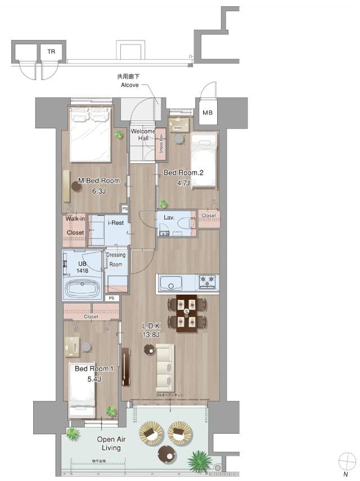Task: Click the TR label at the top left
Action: click(x=51, y=51)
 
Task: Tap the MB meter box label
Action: click(x=208, y=113)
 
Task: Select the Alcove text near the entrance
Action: click(x=130, y=85)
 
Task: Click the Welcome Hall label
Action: click(x=143, y=135)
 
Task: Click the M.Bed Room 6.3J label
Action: click(x=99, y=186)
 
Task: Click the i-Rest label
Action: click(x=116, y=223)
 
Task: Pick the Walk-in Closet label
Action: click(x=74, y=225)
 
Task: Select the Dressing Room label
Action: click(x=116, y=259)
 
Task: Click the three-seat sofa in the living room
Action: click(x=165, y=368)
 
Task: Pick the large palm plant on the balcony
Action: click(x=198, y=461)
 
